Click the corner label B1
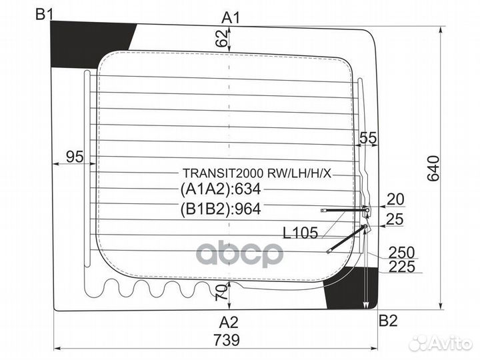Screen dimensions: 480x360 pyautogui.click(x=45, y=14)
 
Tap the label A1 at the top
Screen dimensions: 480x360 pyautogui.click(x=231, y=18)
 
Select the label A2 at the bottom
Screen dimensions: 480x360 pyautogui.click(x=229, y=323)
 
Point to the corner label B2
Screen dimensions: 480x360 pyautogui.click(x=388, y=321)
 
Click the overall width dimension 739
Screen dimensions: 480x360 pyautogui.click(x=227, y=340)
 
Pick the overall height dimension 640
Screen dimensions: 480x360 pyautogui.click(x=433, y=169)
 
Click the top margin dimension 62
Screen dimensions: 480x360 pyautogui.click(x=222, y=38)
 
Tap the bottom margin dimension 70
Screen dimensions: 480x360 pyautogui.click(x=222, y=293)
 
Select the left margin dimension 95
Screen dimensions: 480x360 pyautogui.click(x=75, y=157)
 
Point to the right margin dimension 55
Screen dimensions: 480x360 pyautogui.click(x=368, y=138)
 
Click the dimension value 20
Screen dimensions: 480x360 pyautogui.click(x=395, y=199)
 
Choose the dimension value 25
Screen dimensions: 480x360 pyautogui.click(x=395, y=219)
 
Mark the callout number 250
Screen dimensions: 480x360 pyautogui.click(x=401, y=253)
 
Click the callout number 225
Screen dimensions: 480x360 pyautogui.click(x=402, y=267)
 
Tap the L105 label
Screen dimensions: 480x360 pyautogui.click(x=300, y=233)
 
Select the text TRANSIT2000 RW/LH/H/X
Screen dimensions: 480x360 pyautogui.click(x=257, y=173)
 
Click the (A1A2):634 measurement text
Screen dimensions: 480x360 pyautogui.click(x=221, y=189)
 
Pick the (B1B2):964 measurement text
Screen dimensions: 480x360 pyautogui.click(x=221, y=209)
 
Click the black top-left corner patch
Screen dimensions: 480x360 pyautogui.click(x=92, y=45)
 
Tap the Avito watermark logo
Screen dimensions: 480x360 pyautogui.click(x=441, y=343)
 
